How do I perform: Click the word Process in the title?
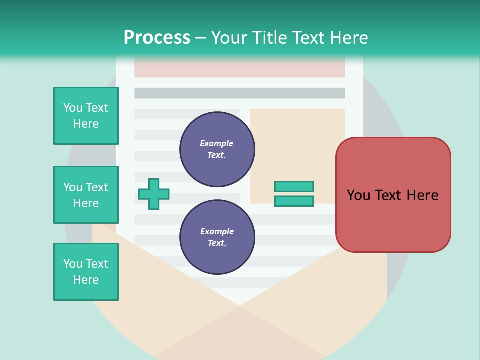pyautogui.click(x=157, y=38)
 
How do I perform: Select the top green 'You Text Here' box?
pyautogui.click(x=86, y=116)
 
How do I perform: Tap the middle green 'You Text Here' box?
pyautogui.click(x=86, y=195)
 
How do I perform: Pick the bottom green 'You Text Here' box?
pyautogui.click(x=86, y=272)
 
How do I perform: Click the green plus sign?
pyautogui.click(x=154, y=194)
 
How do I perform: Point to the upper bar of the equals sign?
pyautogui.click(x=294, y=186)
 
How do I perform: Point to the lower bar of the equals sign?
pyautogui.click(x=294, y=201)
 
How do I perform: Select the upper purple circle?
pyautogui.click(x=217, y=149)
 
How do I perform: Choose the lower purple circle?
pyautogui.click(x=217, y=237)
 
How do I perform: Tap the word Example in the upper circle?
pyautogui.click(x=216, y=143)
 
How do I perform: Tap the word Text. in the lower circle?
pyautogui.click(x=217, y=243)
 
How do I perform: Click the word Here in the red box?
pyautogui.click(x=422, y=195)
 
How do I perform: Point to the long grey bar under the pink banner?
pyautogui.click(x=240, y=93)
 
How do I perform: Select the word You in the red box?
pyautogui.click(x=358, y=195)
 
